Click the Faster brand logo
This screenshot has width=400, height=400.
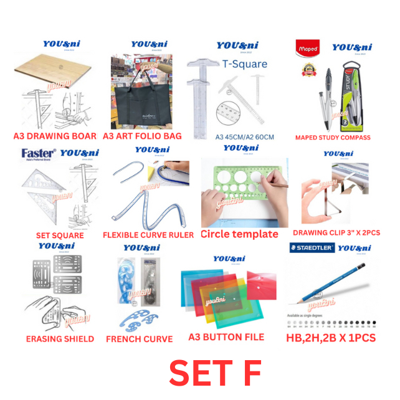pyautogui.click(x=39, y=153)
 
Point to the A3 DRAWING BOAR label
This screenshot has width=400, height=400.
pyautogui.click(x=55, y=136)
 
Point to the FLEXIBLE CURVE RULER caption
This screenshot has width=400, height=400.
pyautogui.click(x=148, y=236)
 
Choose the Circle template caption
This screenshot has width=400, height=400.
pyautogui.click(x=239, y=234)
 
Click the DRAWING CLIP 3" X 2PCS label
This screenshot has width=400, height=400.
pyautogui.click(x=336, y=232)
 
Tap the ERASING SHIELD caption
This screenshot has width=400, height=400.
pyautogui.click(x=60, y=339)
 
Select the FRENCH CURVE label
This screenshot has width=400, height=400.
pyautogui.click(x=140, y=339)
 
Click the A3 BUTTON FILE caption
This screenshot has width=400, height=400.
pyautogui.click(x=226, y=337)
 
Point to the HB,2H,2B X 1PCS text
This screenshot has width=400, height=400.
pyautogui.click(x=331, y=338)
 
